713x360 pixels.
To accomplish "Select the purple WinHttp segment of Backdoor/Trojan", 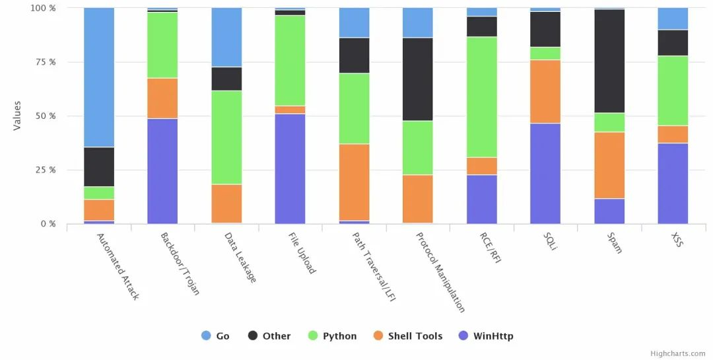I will [x=162, y=171].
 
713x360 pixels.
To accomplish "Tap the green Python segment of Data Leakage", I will [x=226, y=137].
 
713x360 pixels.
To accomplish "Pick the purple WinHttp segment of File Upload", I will [x=290, y=168].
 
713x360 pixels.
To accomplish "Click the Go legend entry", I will [x=216, y=336].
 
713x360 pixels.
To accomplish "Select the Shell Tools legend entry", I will [x=409, y=336].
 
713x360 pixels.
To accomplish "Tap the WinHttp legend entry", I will [x=485, y=336].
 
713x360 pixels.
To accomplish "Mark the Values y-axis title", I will [x=17, y=116].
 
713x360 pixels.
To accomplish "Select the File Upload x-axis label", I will [x=302, y=252].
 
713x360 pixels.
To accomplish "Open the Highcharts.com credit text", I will [x=678, y=354].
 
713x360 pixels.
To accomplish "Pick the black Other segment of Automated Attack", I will [x=99, y=167].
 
